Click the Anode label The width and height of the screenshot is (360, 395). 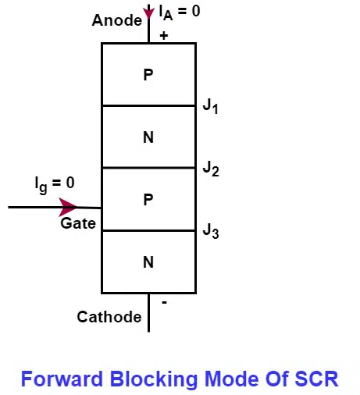pos(116,20)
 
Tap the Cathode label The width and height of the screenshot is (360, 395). pos(109,317)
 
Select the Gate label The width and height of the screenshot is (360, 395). pos(78,224)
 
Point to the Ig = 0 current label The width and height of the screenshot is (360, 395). pos(55,183)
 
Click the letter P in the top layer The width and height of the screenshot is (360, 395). pos(148,75)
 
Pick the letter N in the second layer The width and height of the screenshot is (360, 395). pos(148,137)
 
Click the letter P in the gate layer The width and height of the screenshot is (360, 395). pos(148,200)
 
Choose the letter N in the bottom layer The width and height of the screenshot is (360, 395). pos(148,262)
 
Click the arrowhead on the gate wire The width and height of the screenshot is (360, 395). pos(69,207)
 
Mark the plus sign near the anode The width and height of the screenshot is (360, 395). pos(164,35)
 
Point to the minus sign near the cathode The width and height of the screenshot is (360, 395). pos(164,301)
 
